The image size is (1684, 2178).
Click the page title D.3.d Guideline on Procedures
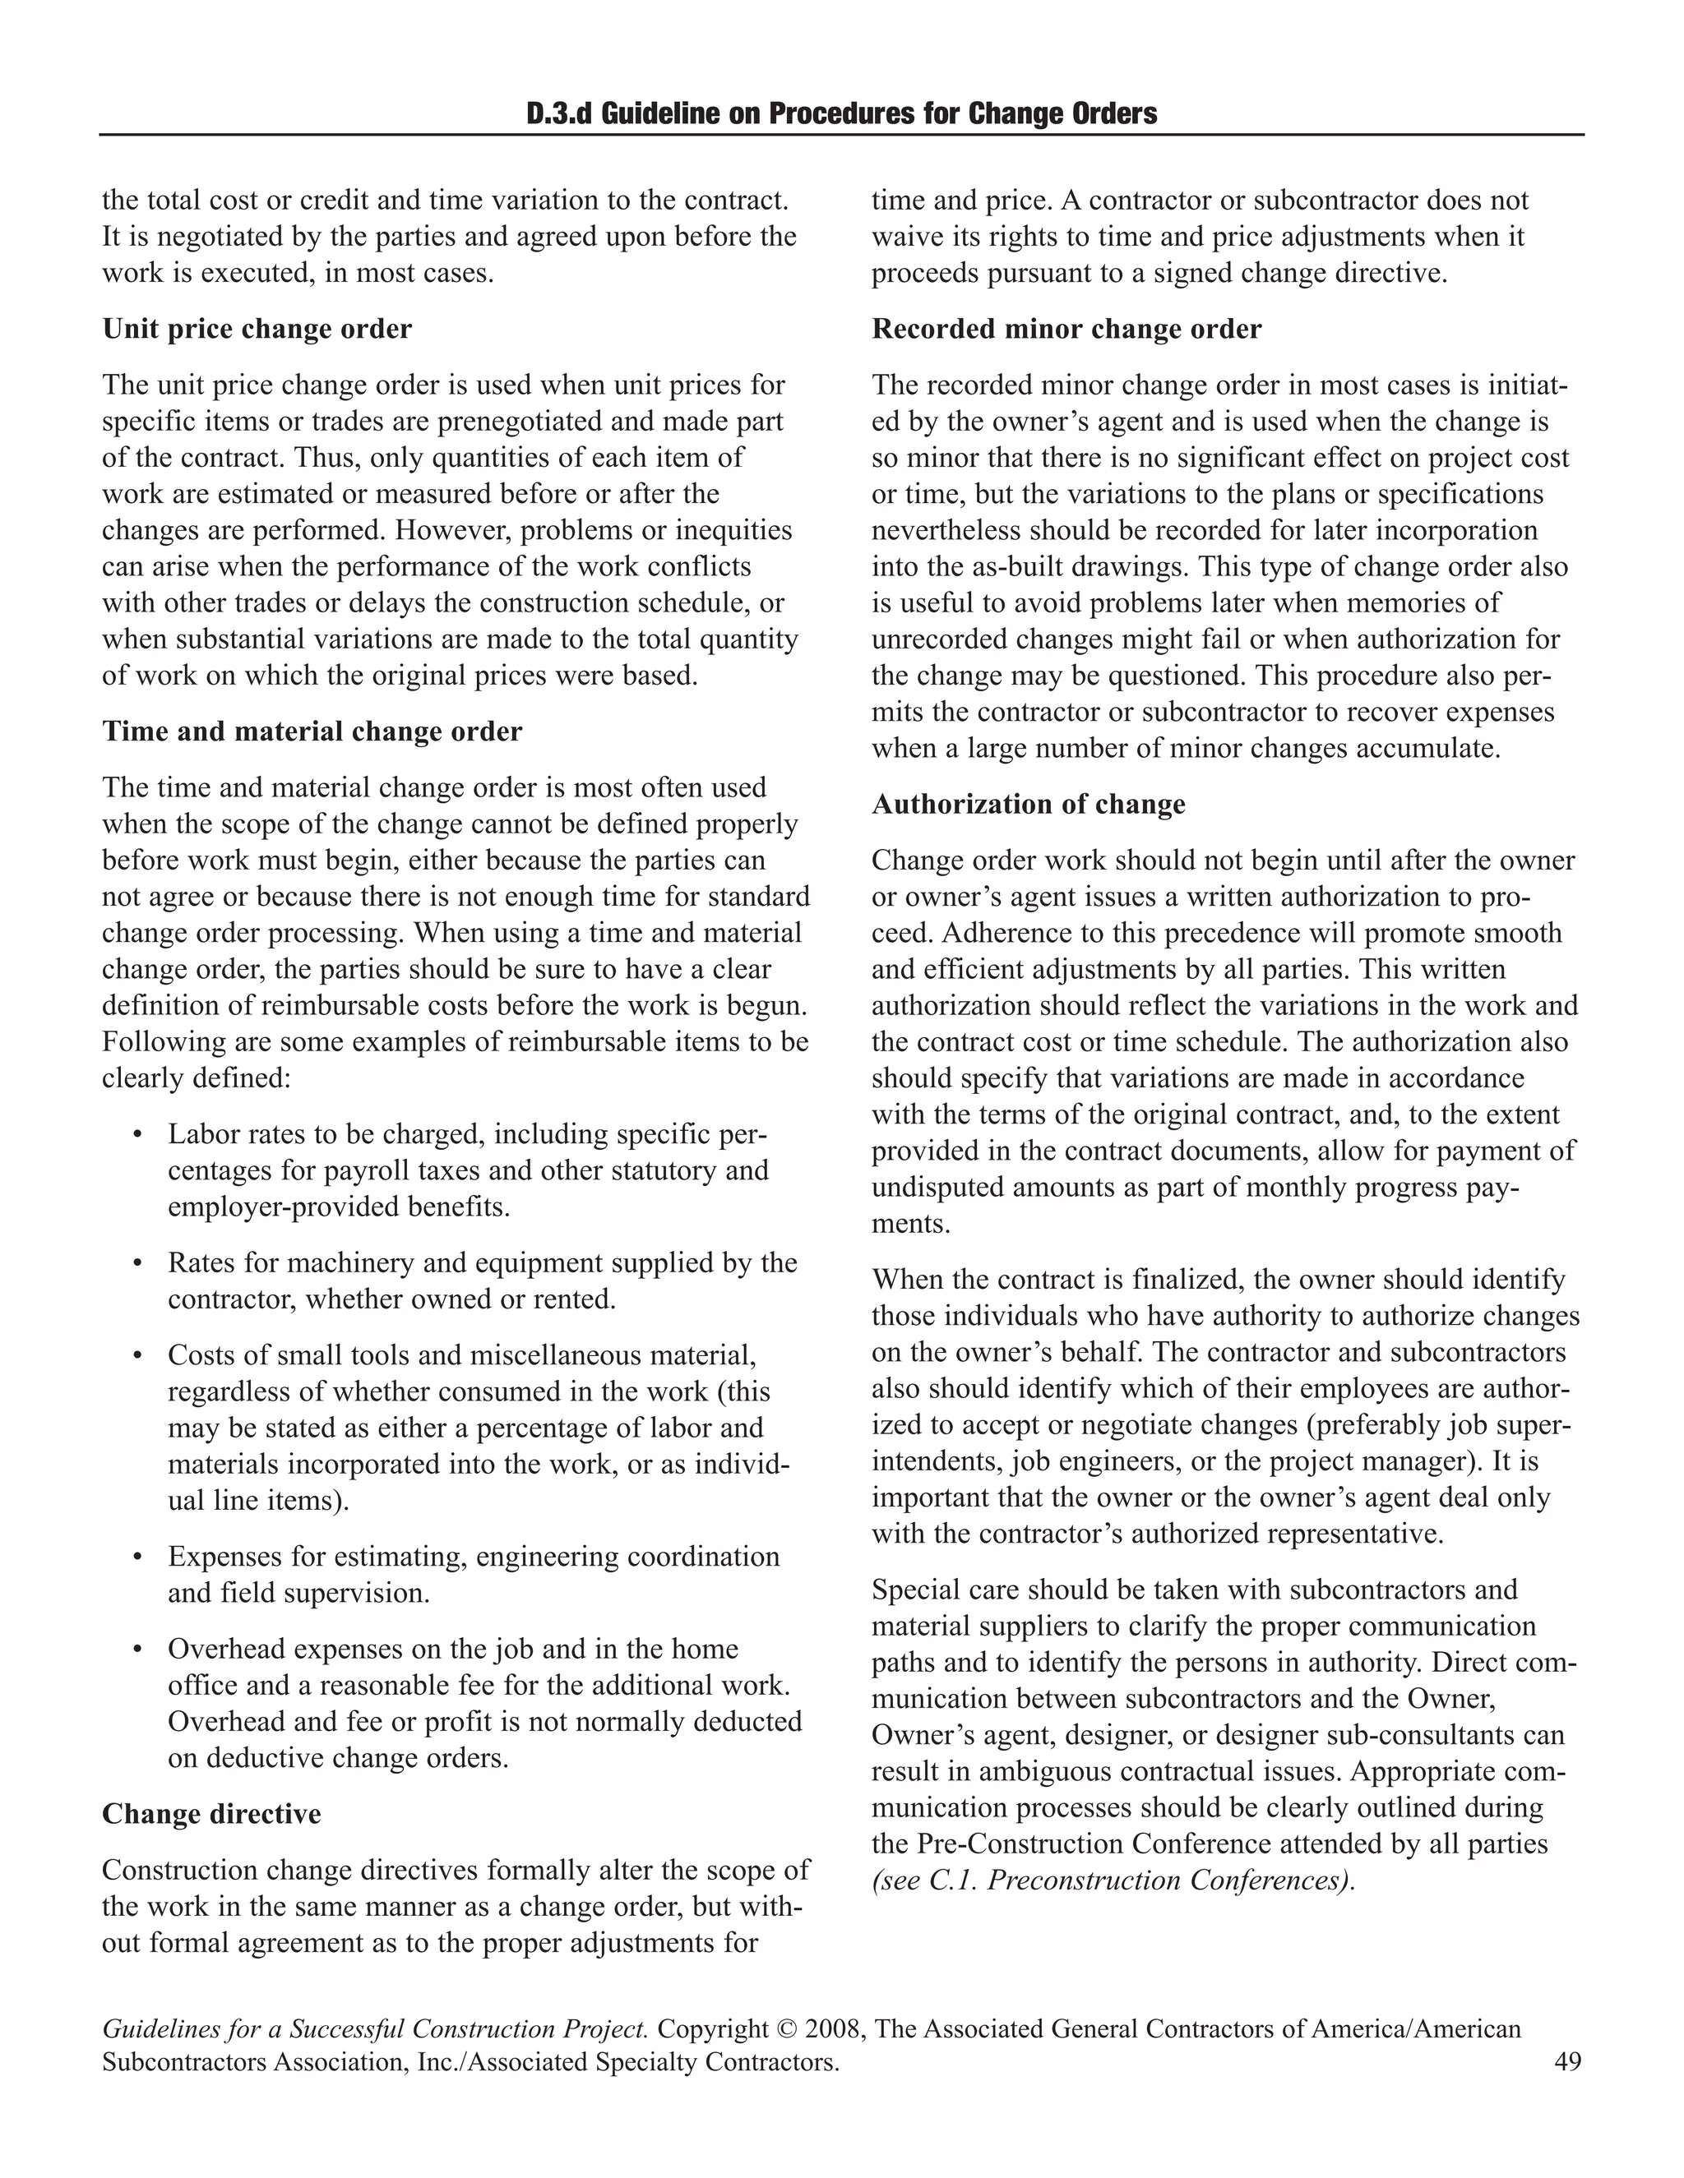click(x=841, y=113)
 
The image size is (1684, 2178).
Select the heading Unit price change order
click(x=257, y=329)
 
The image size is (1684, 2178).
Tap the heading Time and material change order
click(x=312, y=732)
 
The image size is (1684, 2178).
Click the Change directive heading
click(x=211, y=1814)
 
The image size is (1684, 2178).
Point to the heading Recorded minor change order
click(x=1066, y=329)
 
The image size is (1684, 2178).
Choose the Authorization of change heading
click(x=1028, y=805)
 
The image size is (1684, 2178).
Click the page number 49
click(x=1567, y=2061)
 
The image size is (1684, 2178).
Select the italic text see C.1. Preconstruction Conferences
click(x=1113, y=1880)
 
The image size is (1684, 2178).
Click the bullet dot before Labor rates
click(x=137, y=1136)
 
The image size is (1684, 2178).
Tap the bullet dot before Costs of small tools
click(x=137, y=1356)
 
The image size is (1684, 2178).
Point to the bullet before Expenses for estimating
click(x=137, y=1557)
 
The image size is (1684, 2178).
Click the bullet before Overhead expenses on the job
click(x=137, y=1650)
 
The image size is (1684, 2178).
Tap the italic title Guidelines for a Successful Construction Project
click(x=375, y=2029)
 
